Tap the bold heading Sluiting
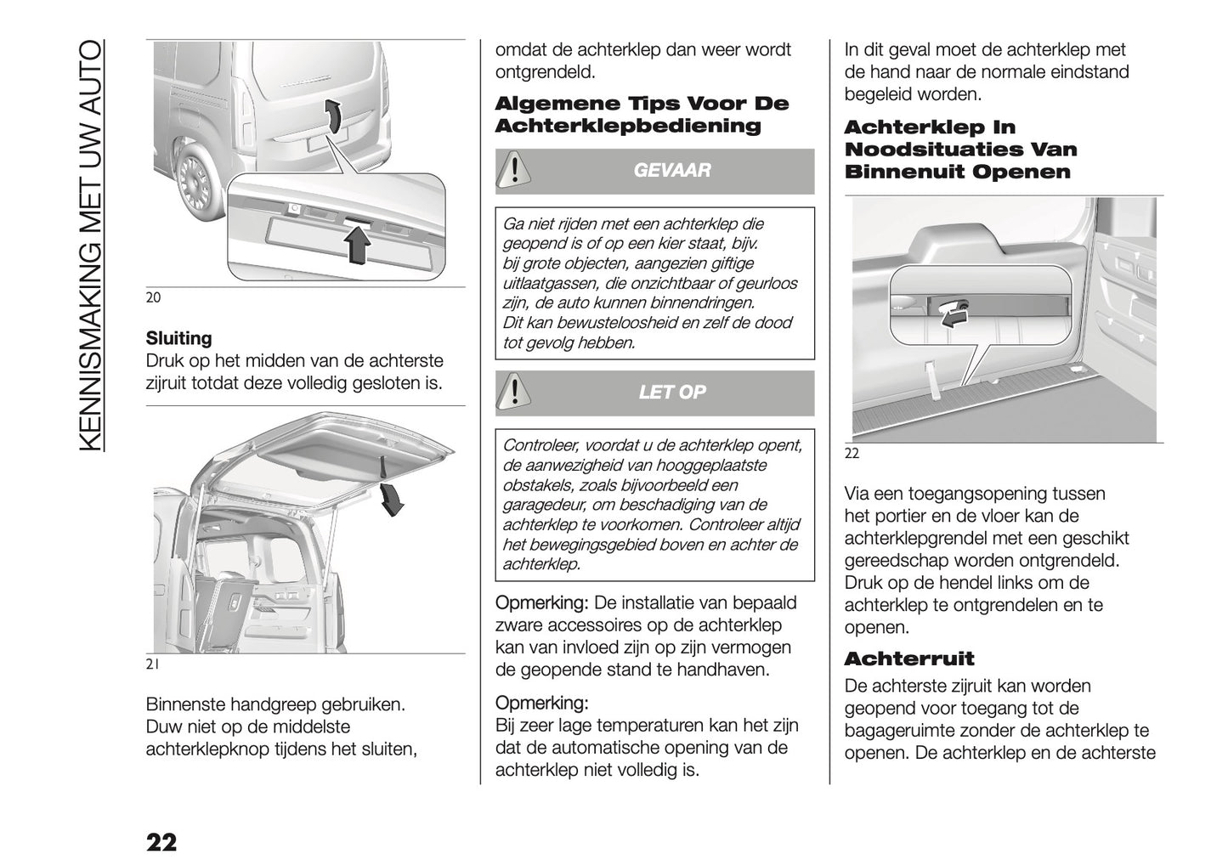coord(178,338)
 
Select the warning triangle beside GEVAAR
coord(514,170)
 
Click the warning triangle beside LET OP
coord(514,392)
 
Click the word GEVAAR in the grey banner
coord(671,171)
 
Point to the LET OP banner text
coord(671,393)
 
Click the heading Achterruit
coord(909,659)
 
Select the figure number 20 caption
coord(153,297)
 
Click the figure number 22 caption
coord(852,454)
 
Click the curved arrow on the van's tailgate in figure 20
coord(337,115)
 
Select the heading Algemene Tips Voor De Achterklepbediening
coord(642,115)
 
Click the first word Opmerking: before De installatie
coord(540,603)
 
